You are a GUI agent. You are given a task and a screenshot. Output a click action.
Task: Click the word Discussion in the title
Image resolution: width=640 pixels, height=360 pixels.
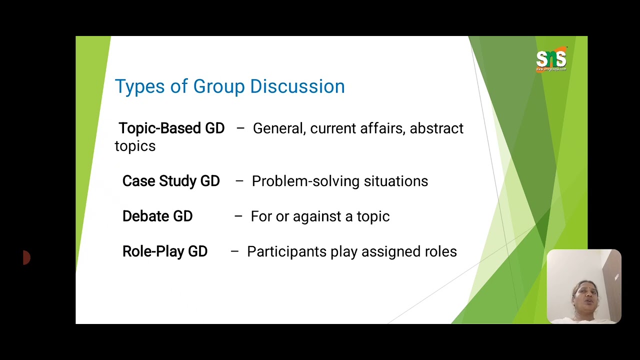[x=297, y=86]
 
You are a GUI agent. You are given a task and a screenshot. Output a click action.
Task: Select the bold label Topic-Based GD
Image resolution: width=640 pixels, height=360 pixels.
[x=171, y=128]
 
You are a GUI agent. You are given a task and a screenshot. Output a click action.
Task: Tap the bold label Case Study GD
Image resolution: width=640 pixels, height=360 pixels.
[x=171, y=181]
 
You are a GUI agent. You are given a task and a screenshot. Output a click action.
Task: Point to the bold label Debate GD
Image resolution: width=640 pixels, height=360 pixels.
[x=157, y=216]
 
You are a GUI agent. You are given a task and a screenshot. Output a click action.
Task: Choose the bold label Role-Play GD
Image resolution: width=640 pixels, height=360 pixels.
[x=165, y=251]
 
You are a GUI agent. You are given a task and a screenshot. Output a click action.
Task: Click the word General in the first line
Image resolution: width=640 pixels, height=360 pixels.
[x=278, y=128]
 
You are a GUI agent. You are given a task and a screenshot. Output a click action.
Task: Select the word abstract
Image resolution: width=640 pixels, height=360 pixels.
[x=436, y=128]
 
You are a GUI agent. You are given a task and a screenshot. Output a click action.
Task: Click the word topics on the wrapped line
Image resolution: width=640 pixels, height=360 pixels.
[x=135, y=146]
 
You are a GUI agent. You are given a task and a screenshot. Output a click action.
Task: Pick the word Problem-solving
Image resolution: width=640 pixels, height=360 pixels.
[x=305, y=181]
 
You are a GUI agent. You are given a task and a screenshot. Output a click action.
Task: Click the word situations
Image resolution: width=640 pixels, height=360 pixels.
[x=396, y=181]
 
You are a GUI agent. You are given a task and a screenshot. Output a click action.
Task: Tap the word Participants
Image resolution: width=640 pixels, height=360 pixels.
[x=287, y=252]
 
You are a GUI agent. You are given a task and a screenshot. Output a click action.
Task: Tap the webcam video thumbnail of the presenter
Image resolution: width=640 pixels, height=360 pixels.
[x=584, y=286]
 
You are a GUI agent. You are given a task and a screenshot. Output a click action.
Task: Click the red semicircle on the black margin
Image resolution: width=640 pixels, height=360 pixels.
[x=27, y=258]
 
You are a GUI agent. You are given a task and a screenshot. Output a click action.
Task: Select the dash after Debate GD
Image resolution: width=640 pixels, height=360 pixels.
[x=238, y=216]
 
